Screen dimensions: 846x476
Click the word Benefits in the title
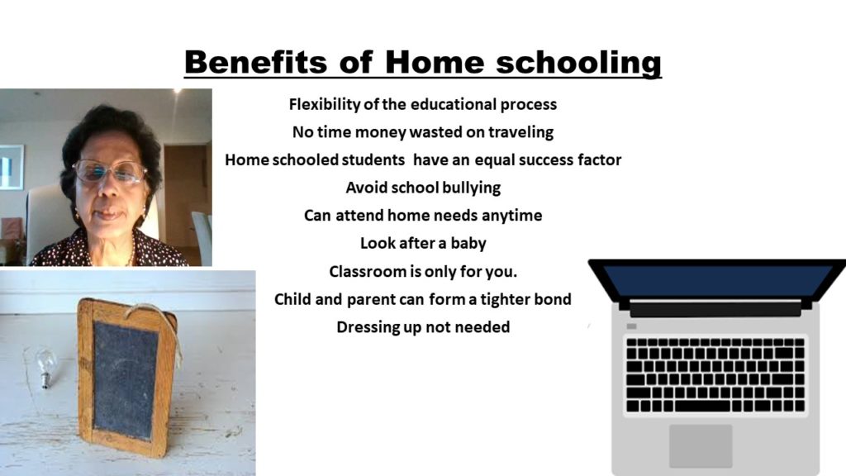(x=255, y=61)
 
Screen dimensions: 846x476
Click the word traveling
(x=520, y=133)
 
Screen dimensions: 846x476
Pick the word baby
(x=468, y=244)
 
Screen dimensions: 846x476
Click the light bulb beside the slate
(x=46, y=366)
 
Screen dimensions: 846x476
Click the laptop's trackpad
(x=701, y=445)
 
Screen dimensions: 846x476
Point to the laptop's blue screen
(x=718, y=281)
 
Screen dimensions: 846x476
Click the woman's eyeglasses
(x=110, y=172)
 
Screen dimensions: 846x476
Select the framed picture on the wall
(x=12, y=167)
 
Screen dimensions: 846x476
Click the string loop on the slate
(x=162, y=326)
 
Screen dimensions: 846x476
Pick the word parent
(x=371, y=299)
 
